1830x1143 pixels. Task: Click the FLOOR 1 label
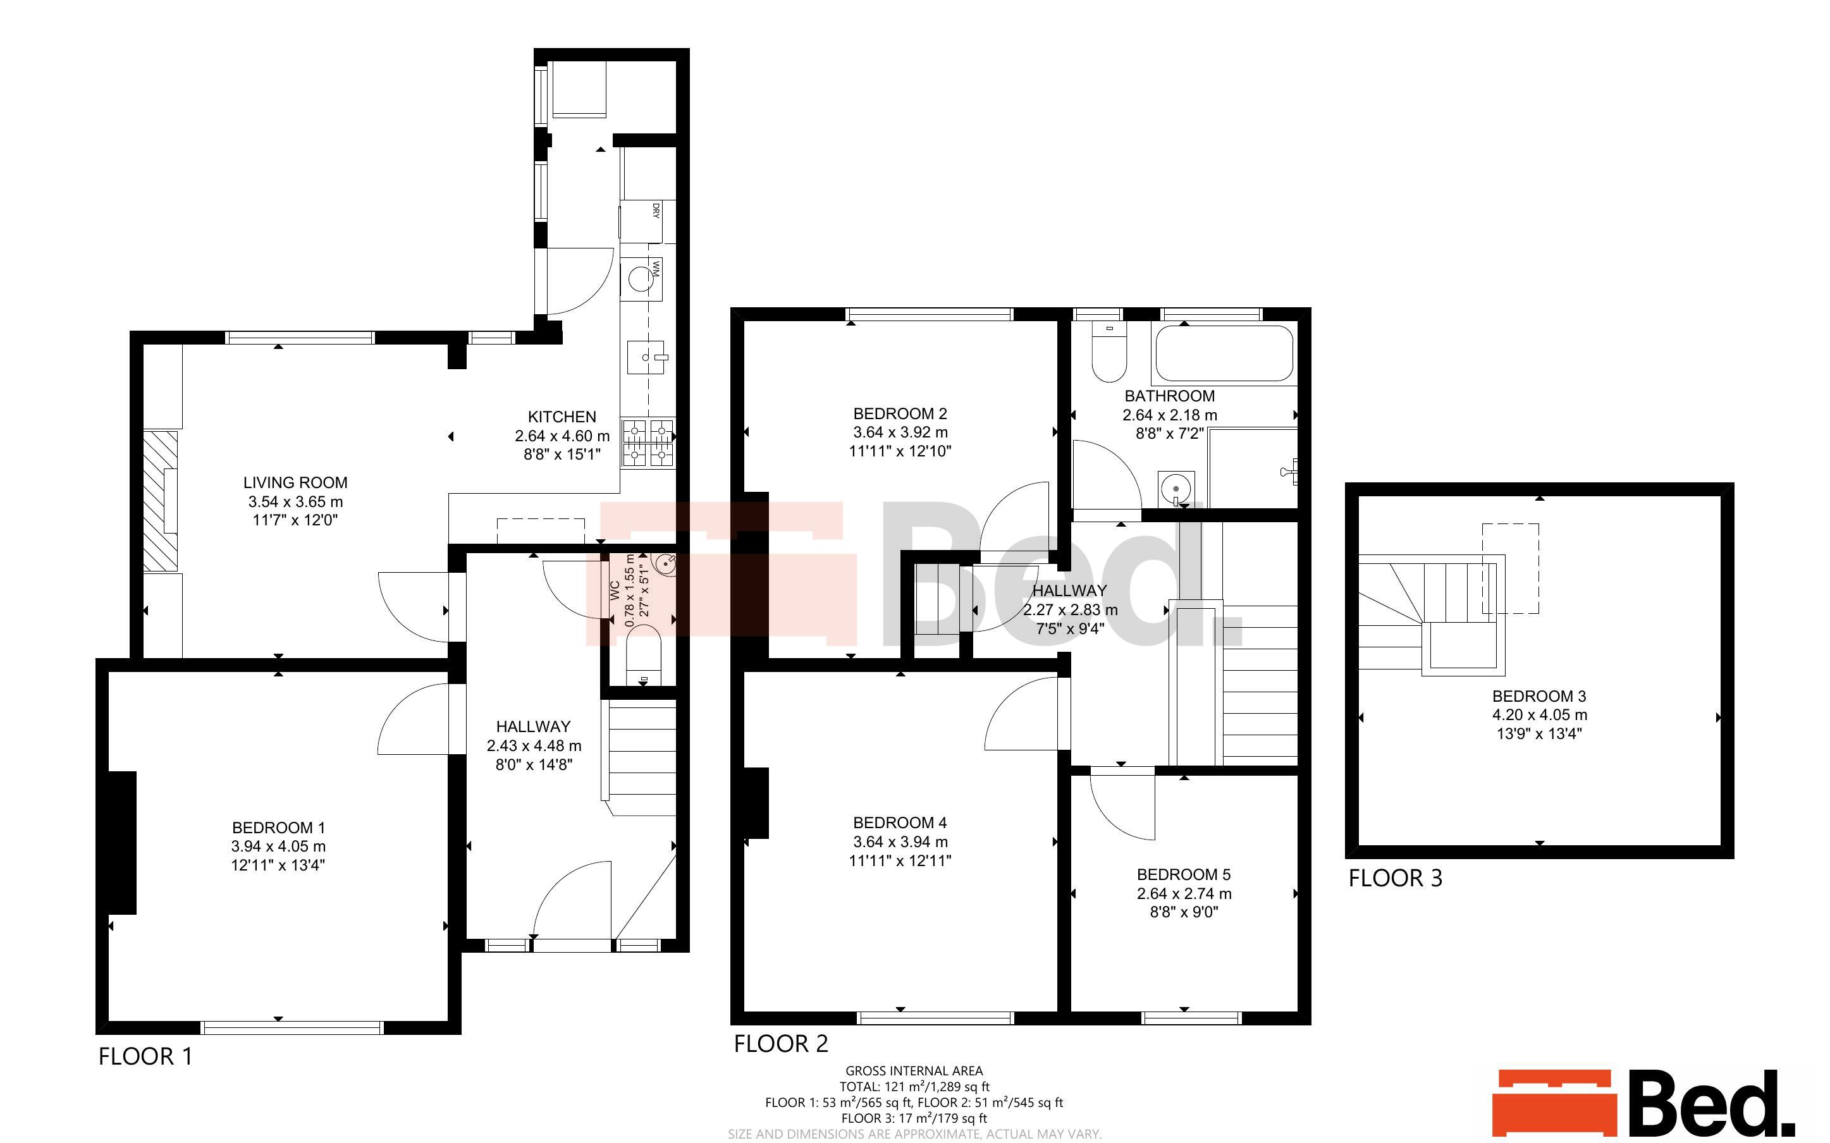(146, 1056)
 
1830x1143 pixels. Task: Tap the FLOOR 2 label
(781, 1044)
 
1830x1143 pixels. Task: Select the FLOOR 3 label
(1396, 877)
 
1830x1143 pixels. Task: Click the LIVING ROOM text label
(295, 482)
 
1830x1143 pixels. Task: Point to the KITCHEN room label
(562, 417)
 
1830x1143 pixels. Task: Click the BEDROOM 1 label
(278, 828)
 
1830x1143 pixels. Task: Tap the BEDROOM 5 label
(1184, 875)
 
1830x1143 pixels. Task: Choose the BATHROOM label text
(1169, 396)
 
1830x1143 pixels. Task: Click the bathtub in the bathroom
(1224, 353)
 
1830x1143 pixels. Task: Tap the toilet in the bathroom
(1109, 352)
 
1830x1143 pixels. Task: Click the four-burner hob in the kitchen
(649, 443)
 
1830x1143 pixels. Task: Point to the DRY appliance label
(655, 210)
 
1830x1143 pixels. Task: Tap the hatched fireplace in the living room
(160, 501)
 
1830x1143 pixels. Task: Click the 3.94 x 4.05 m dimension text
(278, 847)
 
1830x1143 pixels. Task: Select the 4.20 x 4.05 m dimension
(1539, 715)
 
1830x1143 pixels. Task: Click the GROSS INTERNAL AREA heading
(914, 1070)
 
